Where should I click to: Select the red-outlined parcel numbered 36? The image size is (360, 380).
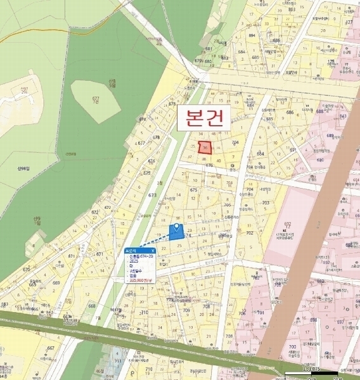point(205,148)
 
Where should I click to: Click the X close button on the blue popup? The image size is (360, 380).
point(153,250)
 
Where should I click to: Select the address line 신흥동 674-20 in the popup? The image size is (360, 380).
point(140,255)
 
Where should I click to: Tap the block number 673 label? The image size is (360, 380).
point(152,196)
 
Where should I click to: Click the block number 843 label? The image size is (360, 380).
point(342,117)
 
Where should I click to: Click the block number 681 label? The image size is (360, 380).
point(209,48)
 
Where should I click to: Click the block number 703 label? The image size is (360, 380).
point(266,203)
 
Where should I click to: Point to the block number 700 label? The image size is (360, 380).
point(293,347)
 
